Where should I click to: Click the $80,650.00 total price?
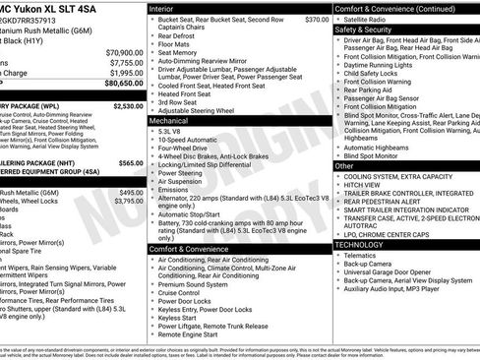click(x=119, y=84)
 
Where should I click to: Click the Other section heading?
click(x=344, y=165)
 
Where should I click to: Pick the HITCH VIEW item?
click(x=363, y=184)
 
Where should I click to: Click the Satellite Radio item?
click(x=369, y=19)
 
